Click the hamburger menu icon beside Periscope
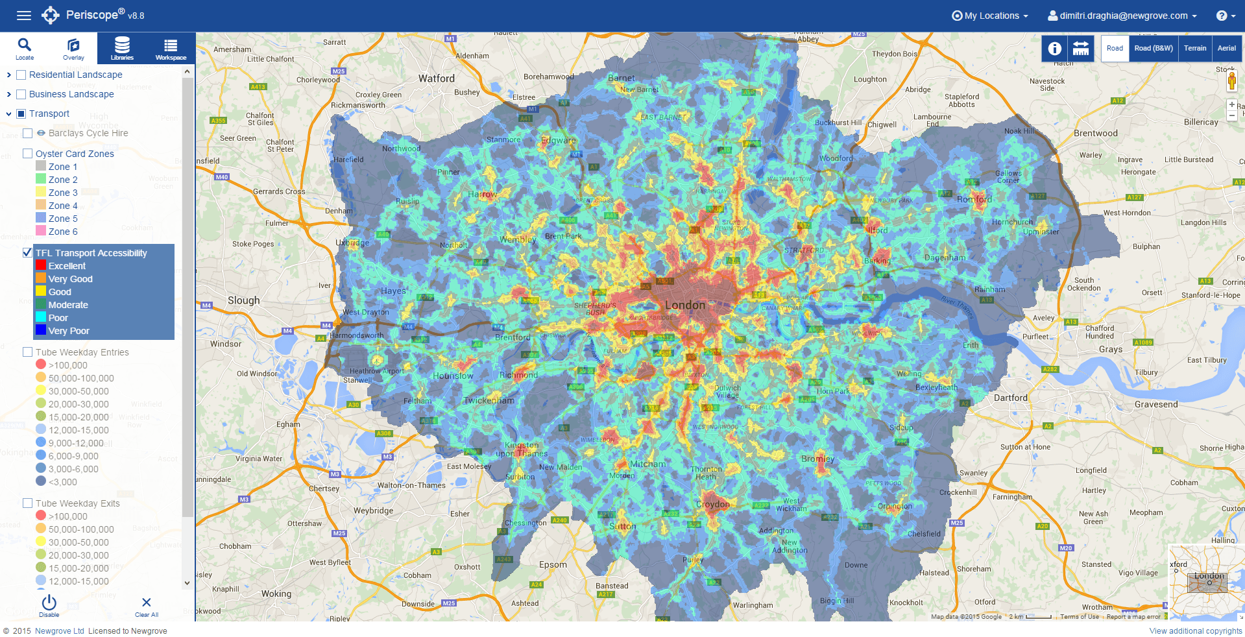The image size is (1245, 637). point(23,16)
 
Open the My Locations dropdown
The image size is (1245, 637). point(990,16)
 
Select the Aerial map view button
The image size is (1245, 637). point(1226,48)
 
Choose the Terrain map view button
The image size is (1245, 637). point(1194,48)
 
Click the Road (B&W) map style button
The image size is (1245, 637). point(1154,48)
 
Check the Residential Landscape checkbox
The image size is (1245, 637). point(21,75)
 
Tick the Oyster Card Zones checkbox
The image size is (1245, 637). point(27,154)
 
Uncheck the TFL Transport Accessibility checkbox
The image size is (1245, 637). point(27,252)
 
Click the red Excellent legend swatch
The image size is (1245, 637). point(41,265)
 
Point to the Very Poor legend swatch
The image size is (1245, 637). point(41,330)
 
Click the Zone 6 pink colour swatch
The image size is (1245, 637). point(41,231)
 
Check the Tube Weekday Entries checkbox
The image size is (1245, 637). point(27,352)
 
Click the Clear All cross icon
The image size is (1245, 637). point(147,603)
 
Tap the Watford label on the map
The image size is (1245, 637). point(436,78)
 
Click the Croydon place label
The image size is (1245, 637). point(712,504)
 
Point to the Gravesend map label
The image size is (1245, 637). point(1155,404)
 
